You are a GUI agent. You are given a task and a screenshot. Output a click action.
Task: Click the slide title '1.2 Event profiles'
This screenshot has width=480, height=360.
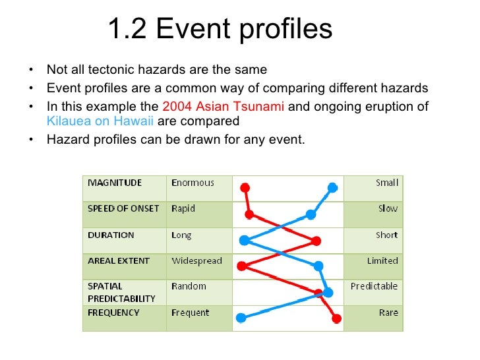pyautogui.click(x=220, y=30)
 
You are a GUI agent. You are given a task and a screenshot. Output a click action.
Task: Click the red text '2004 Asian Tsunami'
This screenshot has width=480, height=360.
pyautogui.click(x=223, y=107)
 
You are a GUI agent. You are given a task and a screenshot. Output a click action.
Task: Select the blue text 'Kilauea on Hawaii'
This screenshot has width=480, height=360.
pyautogui.click(x=100, y=121)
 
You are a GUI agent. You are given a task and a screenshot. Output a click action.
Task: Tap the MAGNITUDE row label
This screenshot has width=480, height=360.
pyautogui.click(x=115, y=183)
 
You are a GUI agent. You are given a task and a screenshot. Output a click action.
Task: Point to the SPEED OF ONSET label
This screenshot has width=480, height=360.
pyautogui.click(x=123, y=208)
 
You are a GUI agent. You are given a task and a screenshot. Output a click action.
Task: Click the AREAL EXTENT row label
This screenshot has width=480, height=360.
pyautogui.click(x=119, y=260)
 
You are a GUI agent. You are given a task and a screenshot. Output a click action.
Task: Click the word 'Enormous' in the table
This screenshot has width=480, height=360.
pyautogui.click(x=193, y=183)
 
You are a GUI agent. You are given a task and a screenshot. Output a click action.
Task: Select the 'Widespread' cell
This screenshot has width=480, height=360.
pyautogui.click(x=196, y=260)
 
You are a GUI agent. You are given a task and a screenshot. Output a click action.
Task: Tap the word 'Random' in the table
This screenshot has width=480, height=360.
pyautogui.click(x=189, y=286)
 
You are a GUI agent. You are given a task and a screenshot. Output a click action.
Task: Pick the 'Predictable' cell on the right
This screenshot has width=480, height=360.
pyautogui.click(x=374, y=286)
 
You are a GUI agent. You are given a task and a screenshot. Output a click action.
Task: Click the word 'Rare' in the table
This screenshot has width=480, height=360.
pyautogui.click(x=388, y=313)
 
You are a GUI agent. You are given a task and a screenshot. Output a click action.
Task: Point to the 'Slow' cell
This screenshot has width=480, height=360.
pyautogui.click(x=388, y=208)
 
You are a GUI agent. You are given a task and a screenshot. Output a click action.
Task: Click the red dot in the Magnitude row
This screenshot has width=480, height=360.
pyautogui.click(x=245, y=187)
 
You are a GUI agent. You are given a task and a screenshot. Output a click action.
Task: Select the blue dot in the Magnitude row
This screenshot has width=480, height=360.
pyautogui.click(x=333, y=187)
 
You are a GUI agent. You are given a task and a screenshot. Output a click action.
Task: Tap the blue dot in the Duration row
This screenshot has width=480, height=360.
pyautogui.click(x=244, y=240)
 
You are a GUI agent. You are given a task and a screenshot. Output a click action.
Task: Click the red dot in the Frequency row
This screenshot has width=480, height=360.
pyautogui.click(x=336, y=318)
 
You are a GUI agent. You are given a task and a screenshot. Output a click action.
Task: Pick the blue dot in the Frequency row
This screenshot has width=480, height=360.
pyautogui.click(x=241, y=318)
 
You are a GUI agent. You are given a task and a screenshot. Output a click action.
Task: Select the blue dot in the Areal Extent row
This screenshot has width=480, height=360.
pyautogui.click(x=318, y=266)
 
